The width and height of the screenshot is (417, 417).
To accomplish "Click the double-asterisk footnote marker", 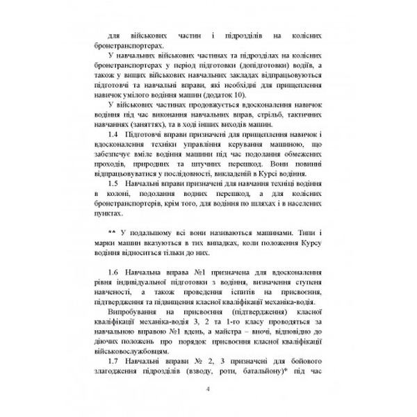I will (x=112, y=231).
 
